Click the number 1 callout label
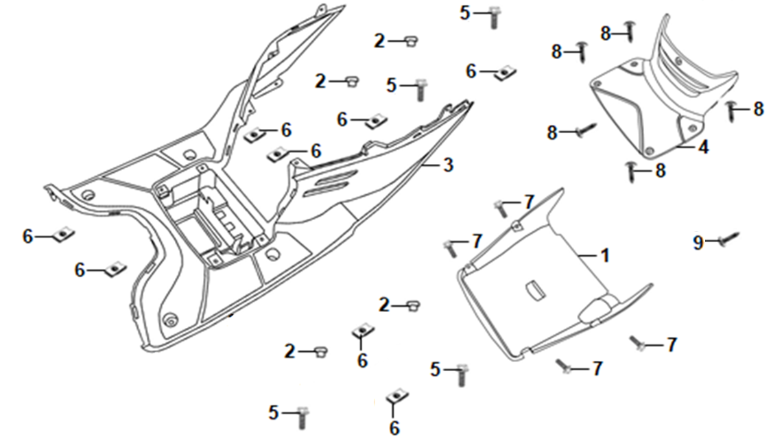pyautogui.click(x=605, y=256)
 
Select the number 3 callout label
pyautogui.click(x=447, y=165)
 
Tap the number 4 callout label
pyautogui.click(x=704, y=147)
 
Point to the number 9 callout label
pyautogui.click(x=698, y=242)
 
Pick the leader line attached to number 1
pyautogui.click(x=588, y=256)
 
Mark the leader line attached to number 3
pyautogui.click(x=431, y=166)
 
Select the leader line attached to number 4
pyautogui.click(x=687, y=147)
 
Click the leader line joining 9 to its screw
pyautogui.click(x=713, y=242)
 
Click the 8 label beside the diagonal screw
pyautogui.click(x=552, y=132)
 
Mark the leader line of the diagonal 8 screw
pyautogui.click(x=568, y=132)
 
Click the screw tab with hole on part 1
pyautogui.click(x=517, y=226)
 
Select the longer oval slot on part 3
pyautogui.click(x=332, y=178)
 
